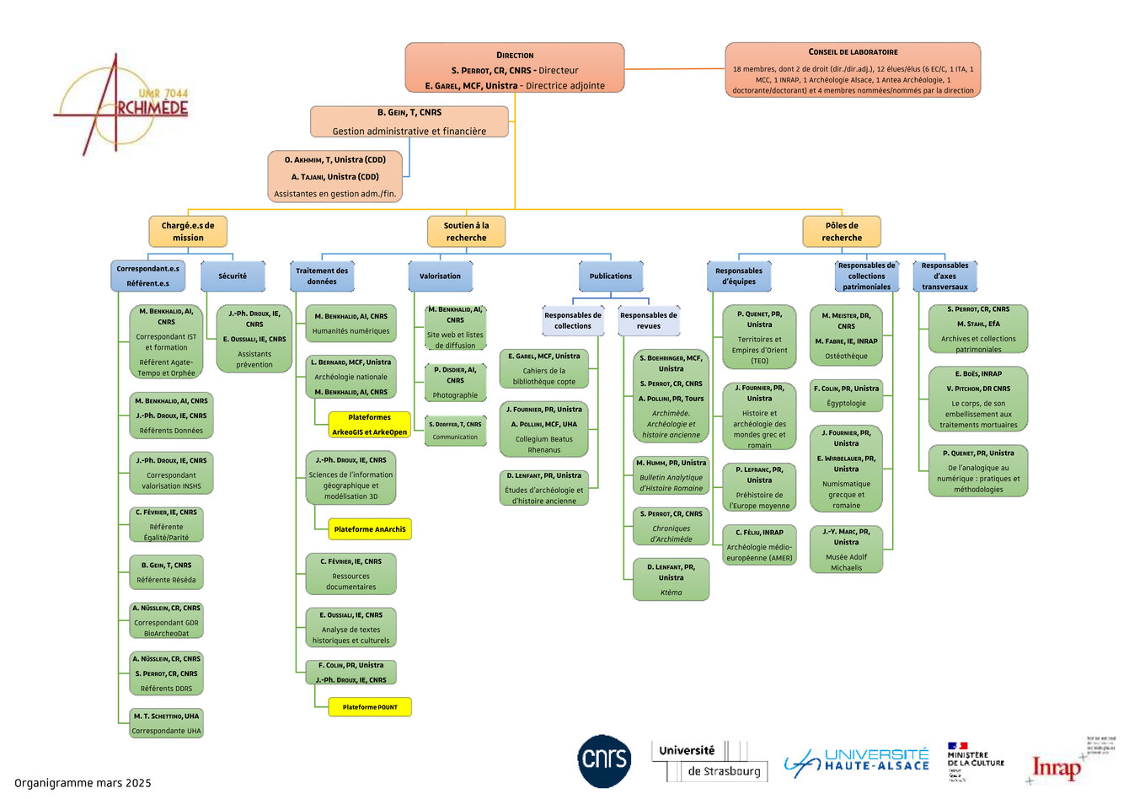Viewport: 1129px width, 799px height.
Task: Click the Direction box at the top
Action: point(514,68)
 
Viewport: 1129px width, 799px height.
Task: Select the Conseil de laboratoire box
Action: point(853,70)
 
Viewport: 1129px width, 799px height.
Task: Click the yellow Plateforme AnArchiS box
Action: point(369,529)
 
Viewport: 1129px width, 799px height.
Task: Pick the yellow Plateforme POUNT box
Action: point(369,707)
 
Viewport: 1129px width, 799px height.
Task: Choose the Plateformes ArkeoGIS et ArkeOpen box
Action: point(369,425)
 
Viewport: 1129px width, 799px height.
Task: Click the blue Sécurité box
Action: point(233,276)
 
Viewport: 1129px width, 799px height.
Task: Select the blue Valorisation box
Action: point(440,276)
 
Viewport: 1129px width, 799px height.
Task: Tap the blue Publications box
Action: point(611,276)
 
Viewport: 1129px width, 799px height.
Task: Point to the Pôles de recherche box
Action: point(841,232)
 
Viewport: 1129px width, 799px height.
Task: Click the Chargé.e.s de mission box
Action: point(188,232)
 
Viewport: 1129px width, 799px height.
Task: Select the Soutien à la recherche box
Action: point(466,232)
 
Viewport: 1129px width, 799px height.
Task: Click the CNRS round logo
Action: point(603,761)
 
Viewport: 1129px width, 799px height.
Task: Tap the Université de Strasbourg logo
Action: point(710,761)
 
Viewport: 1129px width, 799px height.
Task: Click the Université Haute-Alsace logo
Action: point(857,760)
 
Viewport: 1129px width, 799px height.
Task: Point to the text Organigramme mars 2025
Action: point(83,783)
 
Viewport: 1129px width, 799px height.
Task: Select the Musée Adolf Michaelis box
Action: point(846,550)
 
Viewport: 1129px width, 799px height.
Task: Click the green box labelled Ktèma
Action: point(671,580)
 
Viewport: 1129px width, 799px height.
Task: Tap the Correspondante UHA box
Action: point(166,723)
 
